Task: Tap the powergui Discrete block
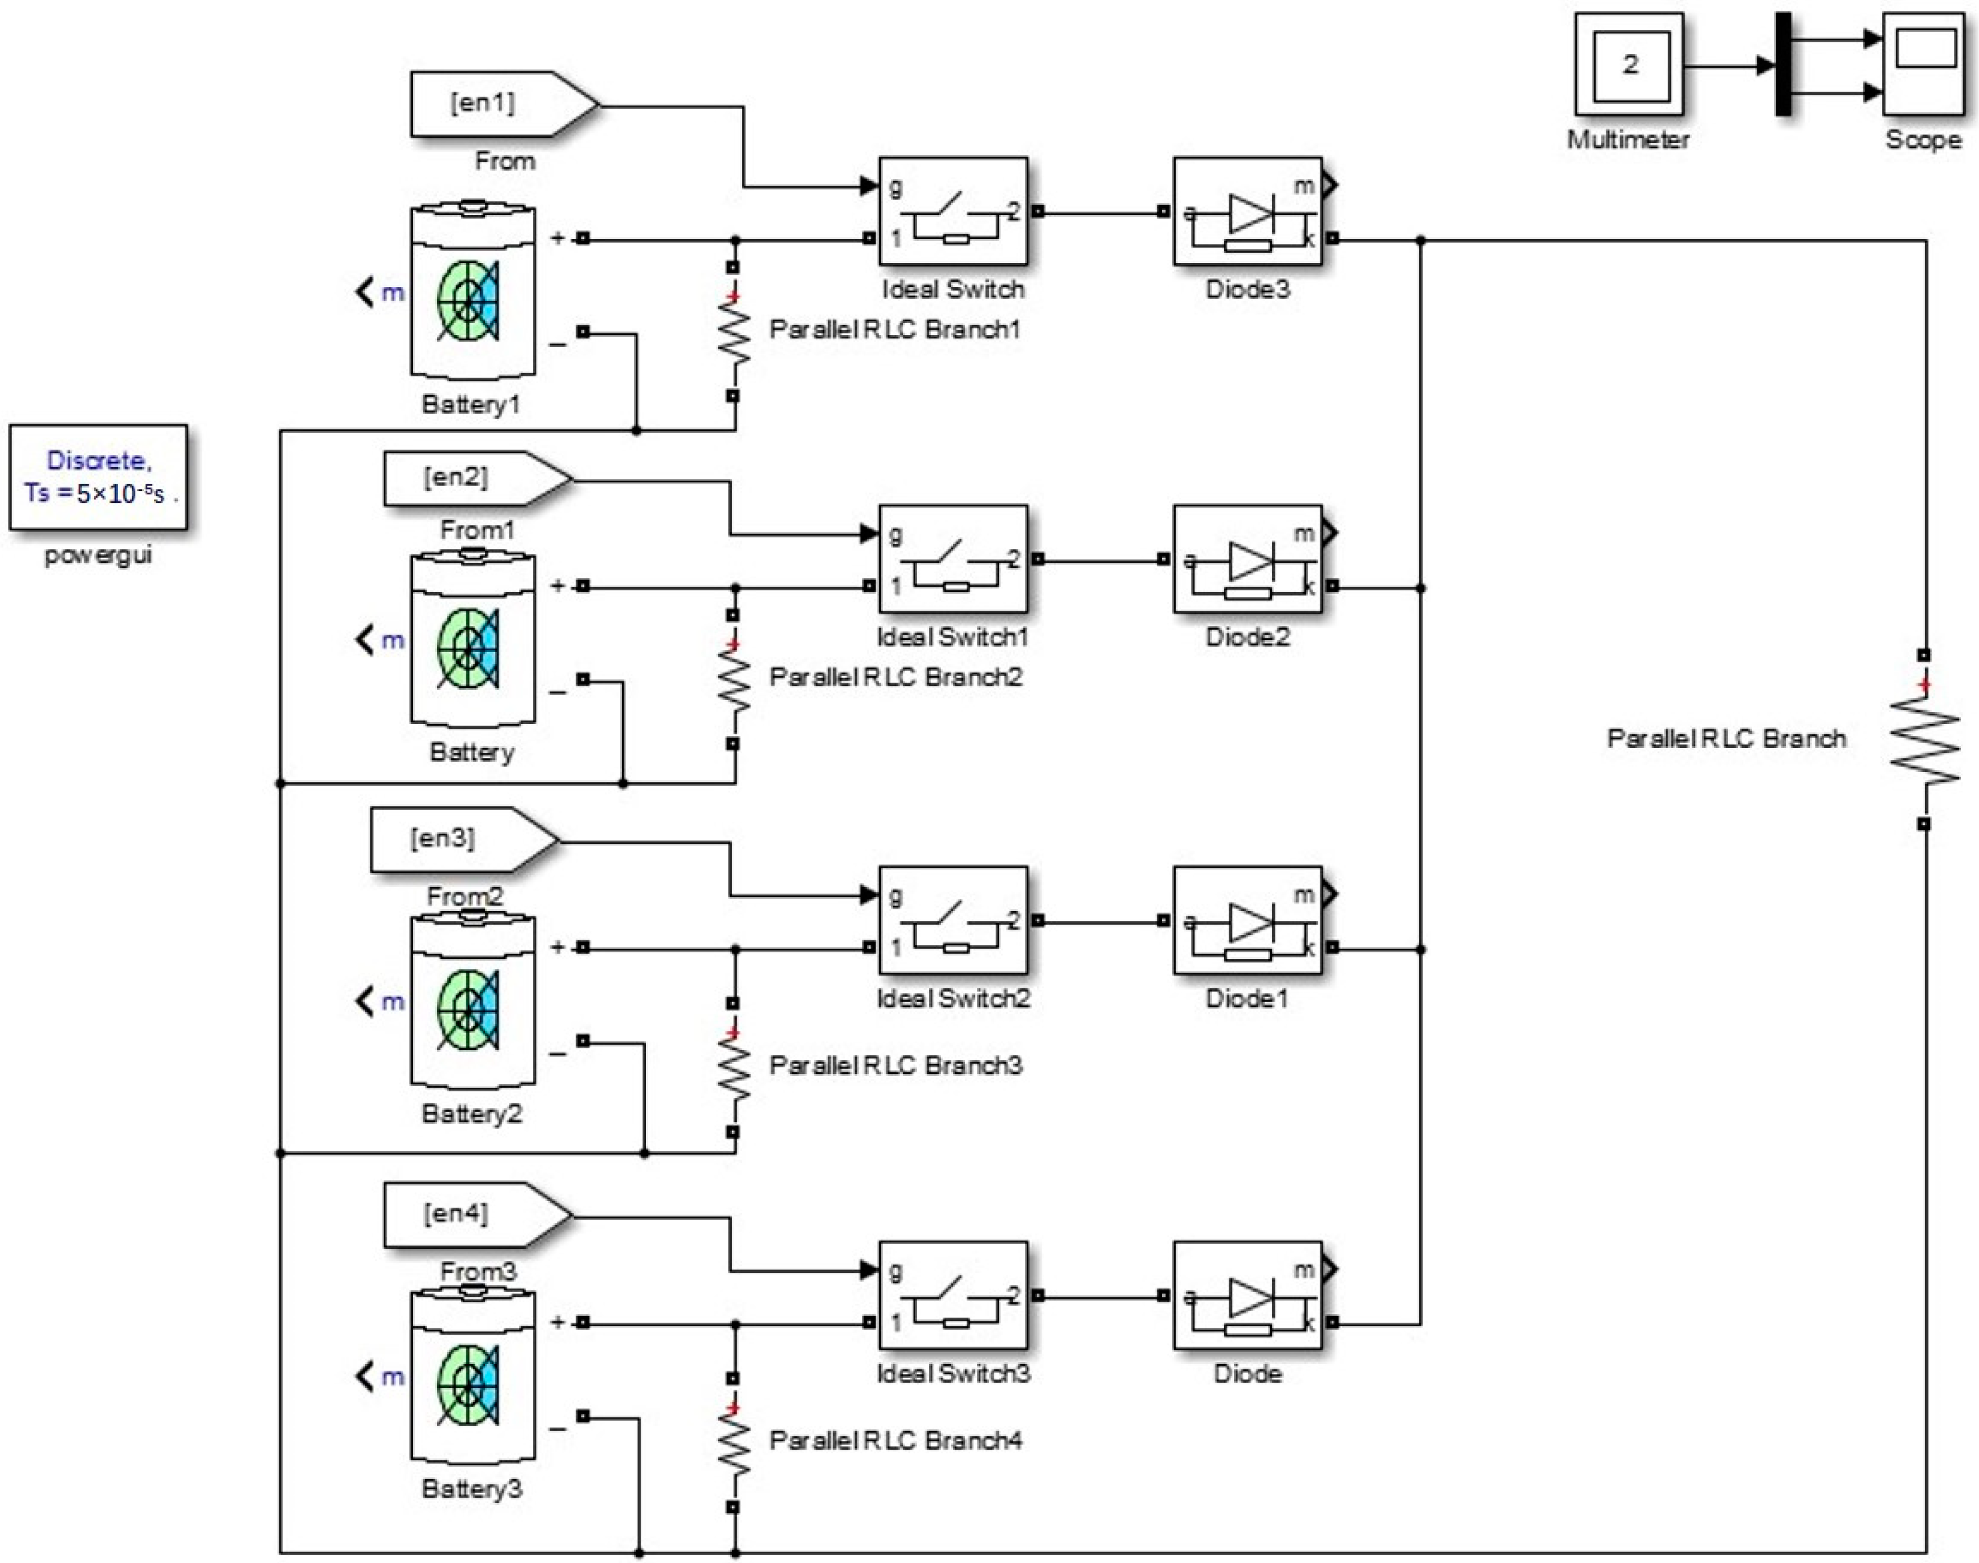pos(98,477)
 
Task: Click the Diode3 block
pos(1247,212)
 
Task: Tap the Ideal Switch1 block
pos(952,560)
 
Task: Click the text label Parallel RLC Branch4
pos(895,1440)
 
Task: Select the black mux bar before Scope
pos(1783,64)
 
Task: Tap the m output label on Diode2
pos(1303,533)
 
